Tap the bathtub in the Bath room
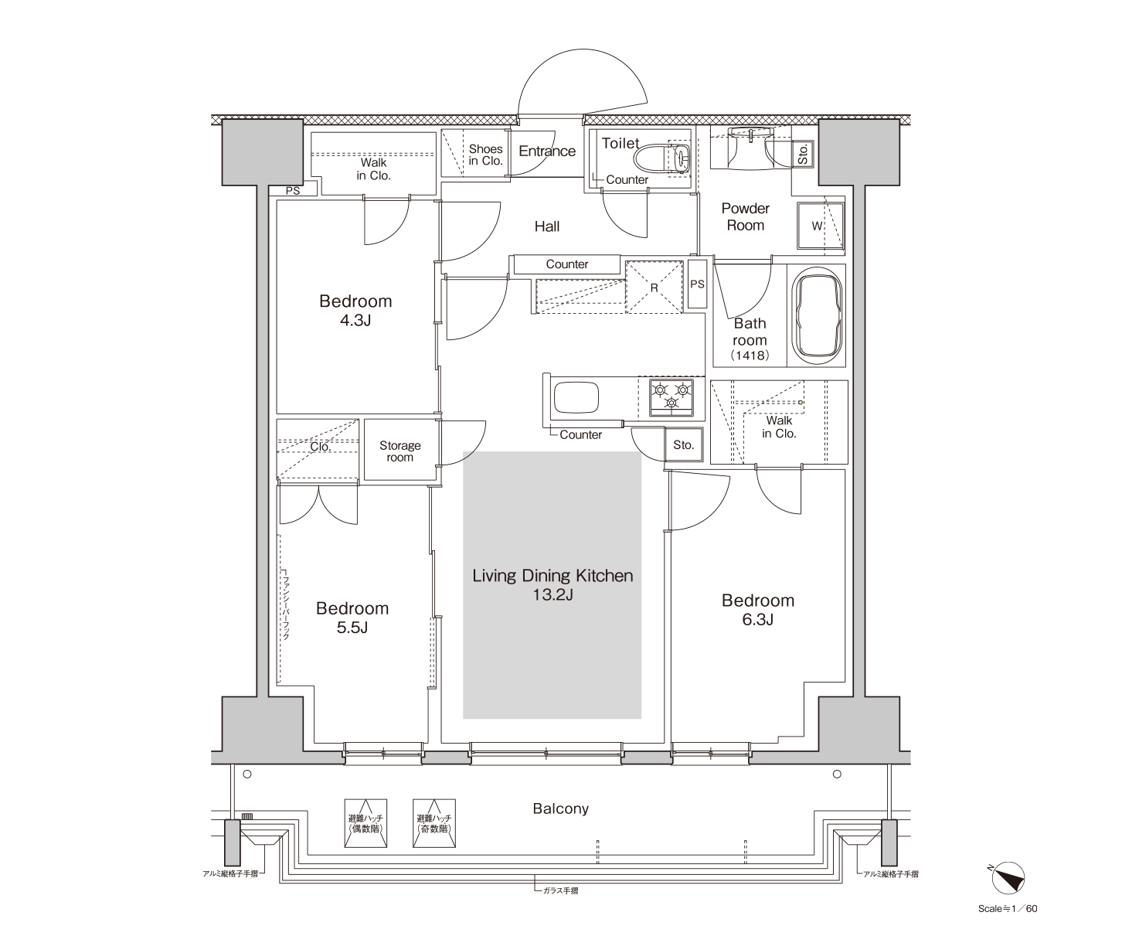816,315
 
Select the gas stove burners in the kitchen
671,397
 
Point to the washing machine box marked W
820,226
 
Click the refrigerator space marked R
654,287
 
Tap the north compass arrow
1008,878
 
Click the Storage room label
399,451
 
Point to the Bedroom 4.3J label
355,310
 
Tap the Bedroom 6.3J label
758,610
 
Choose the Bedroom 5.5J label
352,618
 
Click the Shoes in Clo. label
485,155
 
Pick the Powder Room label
746,216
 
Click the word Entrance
547,151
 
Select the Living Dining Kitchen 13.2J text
552,584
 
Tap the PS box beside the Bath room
698,284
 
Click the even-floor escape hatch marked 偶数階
365,823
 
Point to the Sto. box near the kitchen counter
684,444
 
